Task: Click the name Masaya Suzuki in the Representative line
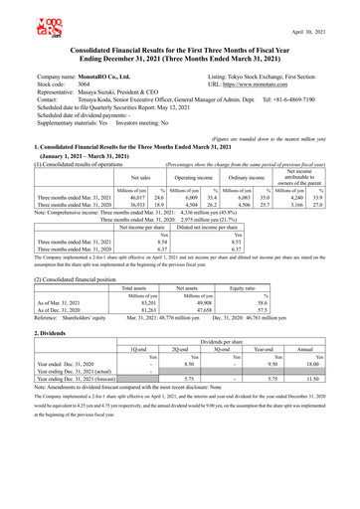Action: click(x=112, y=91)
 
